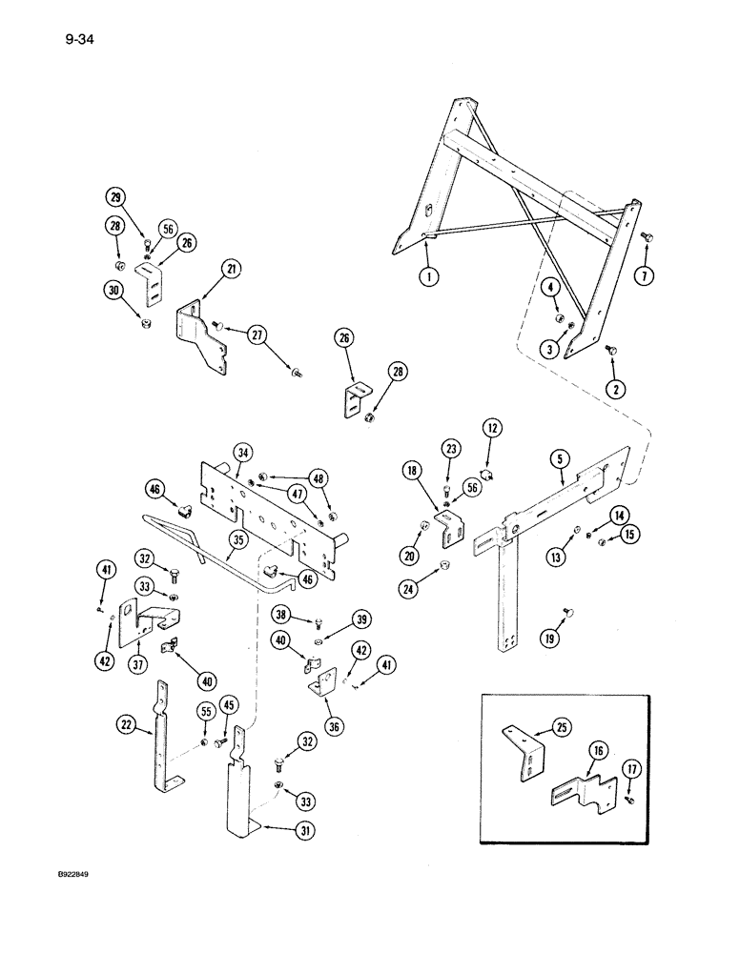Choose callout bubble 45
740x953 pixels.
(228, 705)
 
